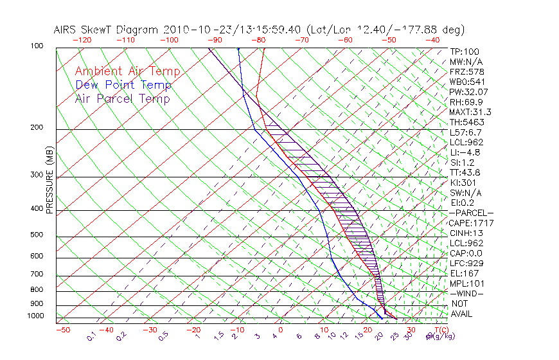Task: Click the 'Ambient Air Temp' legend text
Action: point(127,71)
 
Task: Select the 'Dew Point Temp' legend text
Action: point(123,85)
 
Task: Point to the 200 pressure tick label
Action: point(36,128)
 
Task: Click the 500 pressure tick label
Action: point(36,235)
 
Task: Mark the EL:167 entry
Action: point(463,273)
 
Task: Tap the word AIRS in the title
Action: point(67,30)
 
